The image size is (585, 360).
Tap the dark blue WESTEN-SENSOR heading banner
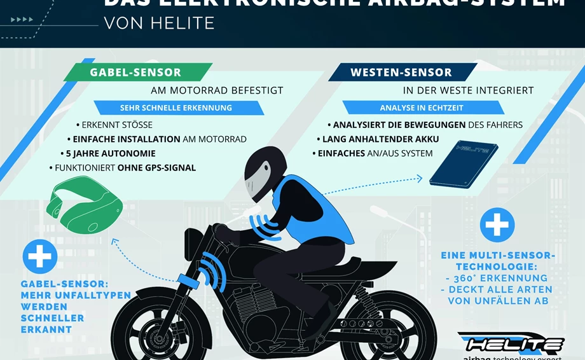401,73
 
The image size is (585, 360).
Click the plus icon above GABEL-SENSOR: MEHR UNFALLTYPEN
40,256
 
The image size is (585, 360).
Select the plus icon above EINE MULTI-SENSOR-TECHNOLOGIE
497,225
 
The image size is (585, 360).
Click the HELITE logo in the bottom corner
514,344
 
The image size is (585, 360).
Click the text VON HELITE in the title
158,23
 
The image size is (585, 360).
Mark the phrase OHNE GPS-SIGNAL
160,169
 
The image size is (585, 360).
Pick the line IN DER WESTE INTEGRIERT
468,90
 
